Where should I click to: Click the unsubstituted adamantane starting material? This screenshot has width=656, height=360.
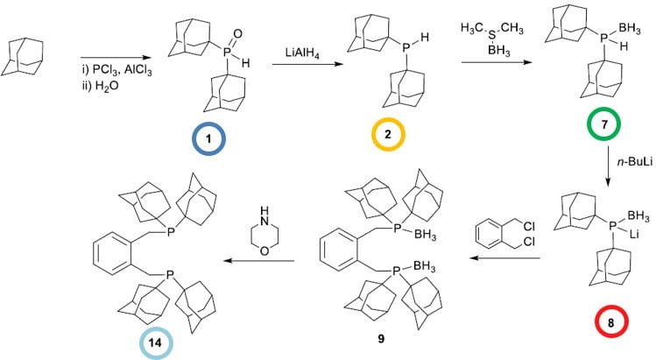coord(24,53)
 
